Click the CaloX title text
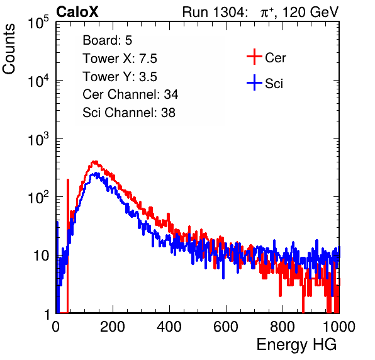[77, 12]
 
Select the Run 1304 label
[214, 12]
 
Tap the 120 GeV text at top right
[310, 12]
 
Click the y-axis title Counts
[9, 49]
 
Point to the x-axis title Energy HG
[296, 345]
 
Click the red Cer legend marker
[254, 57]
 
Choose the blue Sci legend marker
[254, 82]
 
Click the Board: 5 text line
[108, 40]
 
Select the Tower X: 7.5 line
[120, 59]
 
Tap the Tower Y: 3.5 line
[120, 77]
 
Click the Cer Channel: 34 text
[130, 94]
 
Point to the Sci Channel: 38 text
[129, 113]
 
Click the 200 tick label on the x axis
[113, 327]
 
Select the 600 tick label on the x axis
[226, 327]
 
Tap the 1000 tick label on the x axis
[339, 327]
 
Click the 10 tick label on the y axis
[42, 256]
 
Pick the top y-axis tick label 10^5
[38, 22]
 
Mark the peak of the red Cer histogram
[95, 162]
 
